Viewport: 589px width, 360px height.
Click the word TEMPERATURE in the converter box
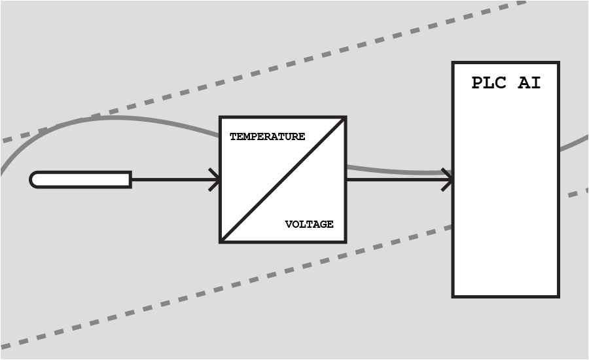pos(267,137)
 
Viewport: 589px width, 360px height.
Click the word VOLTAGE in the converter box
pos(309,225)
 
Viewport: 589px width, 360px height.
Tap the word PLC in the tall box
pos(490,83)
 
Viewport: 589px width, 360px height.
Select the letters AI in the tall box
pos(529,83)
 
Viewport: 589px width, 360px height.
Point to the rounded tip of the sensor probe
pos(34,179)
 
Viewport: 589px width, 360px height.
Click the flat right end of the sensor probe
pos(130,179)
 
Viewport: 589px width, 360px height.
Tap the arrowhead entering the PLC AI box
pos(448,179)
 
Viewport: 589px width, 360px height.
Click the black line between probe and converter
pos(173,179)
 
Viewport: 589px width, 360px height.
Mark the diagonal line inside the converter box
pos(283,180)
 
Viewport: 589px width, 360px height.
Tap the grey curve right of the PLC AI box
pos(574,143)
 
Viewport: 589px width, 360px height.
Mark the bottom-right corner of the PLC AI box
pos(558,296)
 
